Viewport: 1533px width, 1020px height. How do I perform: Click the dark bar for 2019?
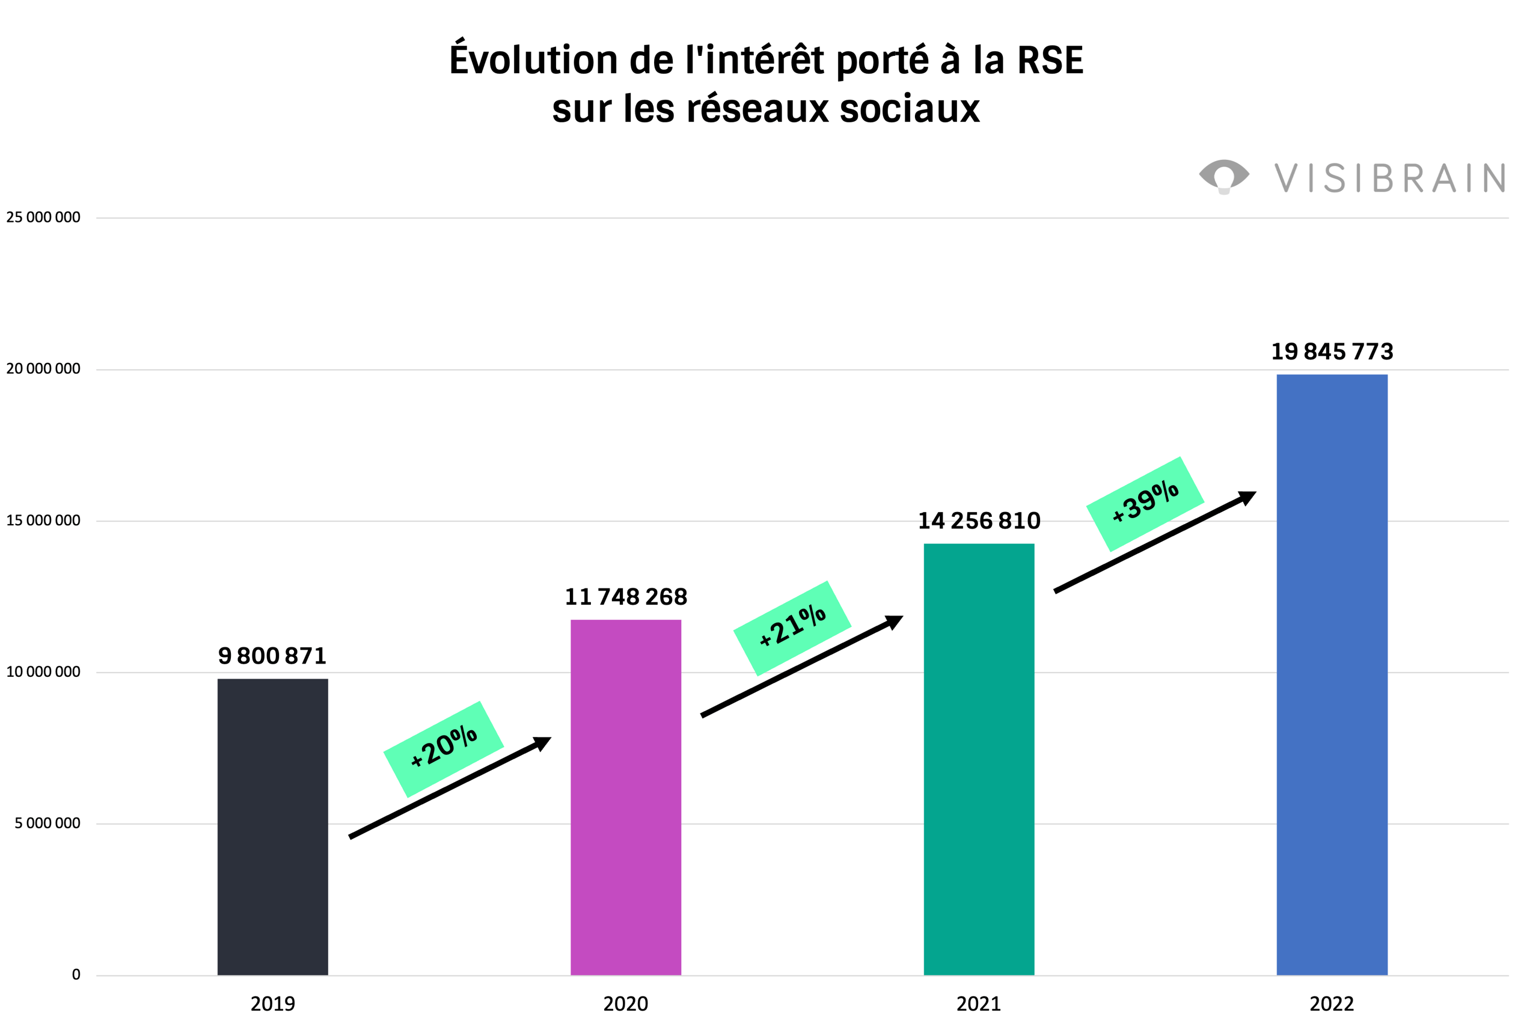[273, 826]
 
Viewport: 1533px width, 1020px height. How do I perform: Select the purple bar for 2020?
[625, 797]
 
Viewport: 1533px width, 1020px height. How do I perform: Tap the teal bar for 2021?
[979, 759]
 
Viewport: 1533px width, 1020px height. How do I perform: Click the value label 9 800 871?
[272, 656]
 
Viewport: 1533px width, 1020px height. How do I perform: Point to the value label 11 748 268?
[625, 596]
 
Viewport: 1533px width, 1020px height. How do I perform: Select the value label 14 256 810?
[979, 521]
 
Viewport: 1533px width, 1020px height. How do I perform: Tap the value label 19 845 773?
[1332, 351]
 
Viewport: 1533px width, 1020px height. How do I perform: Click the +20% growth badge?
[444, 749]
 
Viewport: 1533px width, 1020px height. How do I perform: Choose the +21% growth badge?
[792, 628]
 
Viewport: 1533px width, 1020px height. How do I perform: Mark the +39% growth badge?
[1145, 504]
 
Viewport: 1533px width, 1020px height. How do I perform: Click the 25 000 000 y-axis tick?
[43, 217]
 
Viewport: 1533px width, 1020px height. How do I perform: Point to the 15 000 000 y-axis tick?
[43, 521]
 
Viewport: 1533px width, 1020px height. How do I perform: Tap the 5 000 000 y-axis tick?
[47, 823]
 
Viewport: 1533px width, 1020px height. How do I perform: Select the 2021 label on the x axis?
[979, 1004]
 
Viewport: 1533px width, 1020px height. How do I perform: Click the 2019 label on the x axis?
[273, 1004]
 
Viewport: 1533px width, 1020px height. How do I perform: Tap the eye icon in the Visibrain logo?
[1224, 176]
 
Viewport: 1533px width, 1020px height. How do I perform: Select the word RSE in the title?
[1050, 61]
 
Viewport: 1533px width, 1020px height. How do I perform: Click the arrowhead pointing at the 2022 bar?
[1247, 498]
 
